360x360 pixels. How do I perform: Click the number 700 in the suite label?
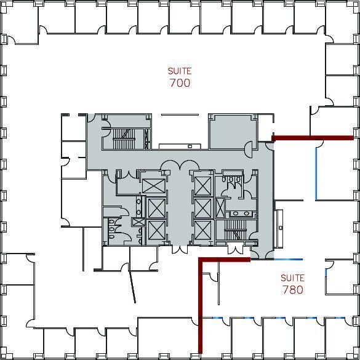[x=180, y=82]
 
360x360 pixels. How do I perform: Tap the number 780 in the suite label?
[x=292, y=289]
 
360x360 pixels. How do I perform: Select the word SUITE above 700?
[x=180, y=71]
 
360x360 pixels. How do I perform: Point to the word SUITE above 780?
[x=292, y=278]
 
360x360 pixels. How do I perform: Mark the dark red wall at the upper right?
[x=313, y=138]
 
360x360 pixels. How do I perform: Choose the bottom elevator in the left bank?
[x=156, y=231]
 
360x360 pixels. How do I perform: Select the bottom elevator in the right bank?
[x=202, y=229]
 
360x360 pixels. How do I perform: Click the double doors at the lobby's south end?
[x=179, y=249]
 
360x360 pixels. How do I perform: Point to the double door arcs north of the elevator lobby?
[x=179, y=165]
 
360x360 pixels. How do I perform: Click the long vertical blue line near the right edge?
[x=316, y=173]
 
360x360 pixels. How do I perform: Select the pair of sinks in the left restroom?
[x=138, y=207]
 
